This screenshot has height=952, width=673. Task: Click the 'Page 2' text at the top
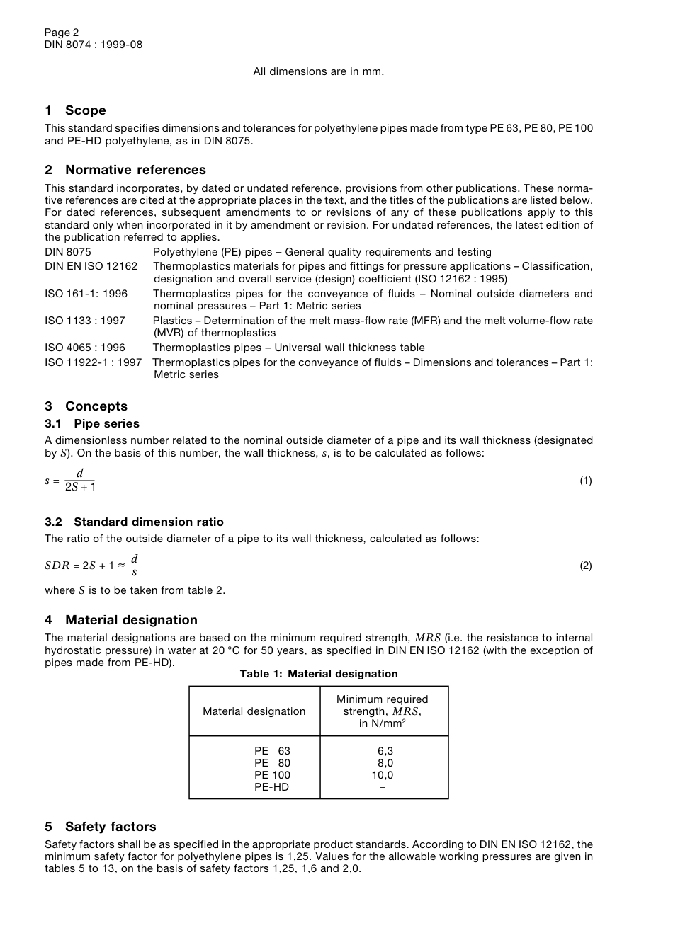click(62, 33)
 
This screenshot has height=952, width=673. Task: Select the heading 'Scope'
click(85, 110)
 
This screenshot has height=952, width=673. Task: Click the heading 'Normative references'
click(135, 170)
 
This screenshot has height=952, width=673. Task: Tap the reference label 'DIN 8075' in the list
click(68, 252)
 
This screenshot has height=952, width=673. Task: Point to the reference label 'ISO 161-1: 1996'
click(86, 294)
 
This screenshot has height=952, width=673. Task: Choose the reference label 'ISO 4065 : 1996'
click(85, 348)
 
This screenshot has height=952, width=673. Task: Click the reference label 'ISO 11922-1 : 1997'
click(94, 362)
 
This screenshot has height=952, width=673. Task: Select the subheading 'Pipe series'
click(106, 424)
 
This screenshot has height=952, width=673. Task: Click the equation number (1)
click(586, 481)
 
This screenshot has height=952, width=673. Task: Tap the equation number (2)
click(586, 566)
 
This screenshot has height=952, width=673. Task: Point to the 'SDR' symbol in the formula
click(57, 566)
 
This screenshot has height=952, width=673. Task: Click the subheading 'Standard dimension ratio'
click(148, 522)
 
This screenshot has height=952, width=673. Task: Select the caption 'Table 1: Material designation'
click(319, 674)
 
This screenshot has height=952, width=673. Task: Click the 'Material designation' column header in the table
click(254, 711)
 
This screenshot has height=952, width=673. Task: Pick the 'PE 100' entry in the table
click(272, 775)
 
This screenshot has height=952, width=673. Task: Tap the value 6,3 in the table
click(385, 751)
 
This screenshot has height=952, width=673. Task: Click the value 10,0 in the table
click(383, 775)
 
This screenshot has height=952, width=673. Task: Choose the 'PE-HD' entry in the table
click(272, 787)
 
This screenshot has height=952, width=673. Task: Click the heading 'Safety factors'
click(111, 827)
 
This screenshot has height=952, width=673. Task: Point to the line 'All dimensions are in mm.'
click(319, 71)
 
